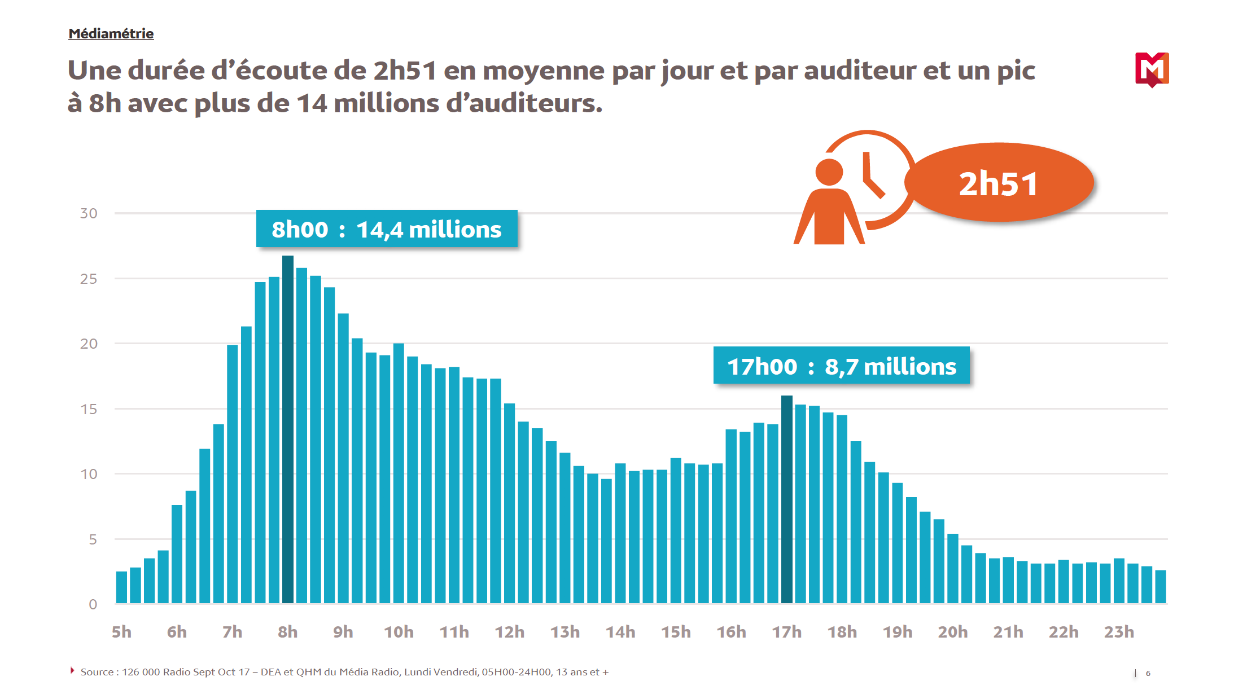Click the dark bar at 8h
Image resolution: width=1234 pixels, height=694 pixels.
coord(288,429)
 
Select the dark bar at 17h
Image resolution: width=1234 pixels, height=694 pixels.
coord(786,499)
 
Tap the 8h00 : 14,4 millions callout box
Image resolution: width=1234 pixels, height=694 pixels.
coord(387,229)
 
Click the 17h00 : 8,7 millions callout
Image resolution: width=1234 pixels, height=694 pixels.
coord(841,366)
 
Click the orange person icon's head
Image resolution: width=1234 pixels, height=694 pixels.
coord(829,172)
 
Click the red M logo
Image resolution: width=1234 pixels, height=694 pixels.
coord(1152,69)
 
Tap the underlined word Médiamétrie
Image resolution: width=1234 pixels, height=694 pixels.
coord(111,34)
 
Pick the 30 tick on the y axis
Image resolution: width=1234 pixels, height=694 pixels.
coord(89,213)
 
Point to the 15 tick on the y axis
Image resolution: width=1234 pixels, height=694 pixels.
coord(89,409)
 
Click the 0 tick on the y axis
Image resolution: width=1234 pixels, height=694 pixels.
coord(93,604)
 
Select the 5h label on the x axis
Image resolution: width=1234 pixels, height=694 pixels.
coord(121,632)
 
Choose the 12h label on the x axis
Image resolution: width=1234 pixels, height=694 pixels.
coord(509,632)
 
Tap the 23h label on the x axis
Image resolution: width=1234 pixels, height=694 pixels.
coord(1119,632)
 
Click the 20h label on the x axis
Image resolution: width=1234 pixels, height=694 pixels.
coord(953,632)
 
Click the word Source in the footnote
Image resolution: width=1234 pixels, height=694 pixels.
coord(97,672)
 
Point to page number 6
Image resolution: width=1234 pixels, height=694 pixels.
coord(1148,673)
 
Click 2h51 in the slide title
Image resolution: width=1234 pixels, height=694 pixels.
coord(405,71)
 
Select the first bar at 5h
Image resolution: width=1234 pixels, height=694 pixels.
coord(121,587)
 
